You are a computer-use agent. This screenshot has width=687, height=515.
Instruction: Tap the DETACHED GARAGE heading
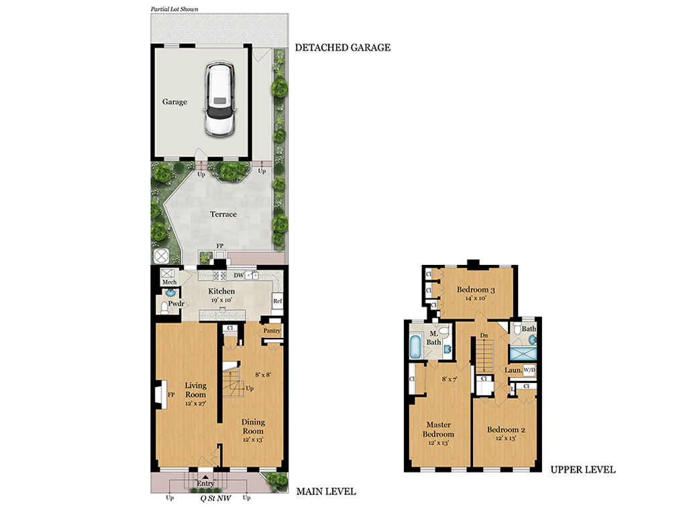343,48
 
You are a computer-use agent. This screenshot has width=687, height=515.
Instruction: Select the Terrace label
223,214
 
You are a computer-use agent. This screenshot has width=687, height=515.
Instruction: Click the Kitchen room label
221,291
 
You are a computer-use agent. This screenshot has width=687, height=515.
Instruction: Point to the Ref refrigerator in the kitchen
277,301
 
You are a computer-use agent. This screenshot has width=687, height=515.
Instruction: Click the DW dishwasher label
238,276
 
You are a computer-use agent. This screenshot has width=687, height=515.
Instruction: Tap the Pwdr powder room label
176,304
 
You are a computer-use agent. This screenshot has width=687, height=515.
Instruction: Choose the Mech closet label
169,282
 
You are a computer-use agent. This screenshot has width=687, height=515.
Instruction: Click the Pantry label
272,331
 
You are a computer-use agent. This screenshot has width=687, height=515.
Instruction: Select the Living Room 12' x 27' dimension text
195,403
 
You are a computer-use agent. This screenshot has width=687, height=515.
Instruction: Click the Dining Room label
253,426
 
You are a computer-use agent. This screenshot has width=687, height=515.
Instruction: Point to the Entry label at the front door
205,483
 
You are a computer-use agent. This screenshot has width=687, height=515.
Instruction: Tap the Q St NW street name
215,498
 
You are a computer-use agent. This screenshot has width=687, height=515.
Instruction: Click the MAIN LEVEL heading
326,492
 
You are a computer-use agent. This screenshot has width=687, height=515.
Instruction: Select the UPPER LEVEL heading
583,470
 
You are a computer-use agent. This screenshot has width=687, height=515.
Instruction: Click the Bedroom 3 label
476,290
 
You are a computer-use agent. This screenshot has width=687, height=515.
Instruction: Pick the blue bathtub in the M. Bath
415,347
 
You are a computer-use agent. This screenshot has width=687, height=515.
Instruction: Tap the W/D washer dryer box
529,370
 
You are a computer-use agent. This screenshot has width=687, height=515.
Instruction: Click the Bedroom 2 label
506,430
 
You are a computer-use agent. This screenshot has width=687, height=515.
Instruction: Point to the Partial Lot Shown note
174,9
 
